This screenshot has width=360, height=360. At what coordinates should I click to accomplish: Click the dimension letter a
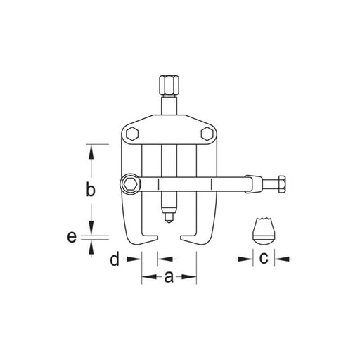(x=169, y=277)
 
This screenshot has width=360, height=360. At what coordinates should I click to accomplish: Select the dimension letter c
(x=264, y=258)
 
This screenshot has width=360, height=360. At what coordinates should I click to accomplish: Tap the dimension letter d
(x=115, y=258)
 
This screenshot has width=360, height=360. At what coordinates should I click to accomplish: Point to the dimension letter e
(x=72, y=237)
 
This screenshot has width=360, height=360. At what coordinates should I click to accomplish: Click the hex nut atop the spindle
(x=168, y=84)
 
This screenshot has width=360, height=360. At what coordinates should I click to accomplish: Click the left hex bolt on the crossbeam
(x=132, y=134)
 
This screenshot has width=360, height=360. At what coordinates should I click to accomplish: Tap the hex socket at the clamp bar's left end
(x=131, y=184)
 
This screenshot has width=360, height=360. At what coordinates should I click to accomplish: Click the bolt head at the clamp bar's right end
(x=282, y=184)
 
